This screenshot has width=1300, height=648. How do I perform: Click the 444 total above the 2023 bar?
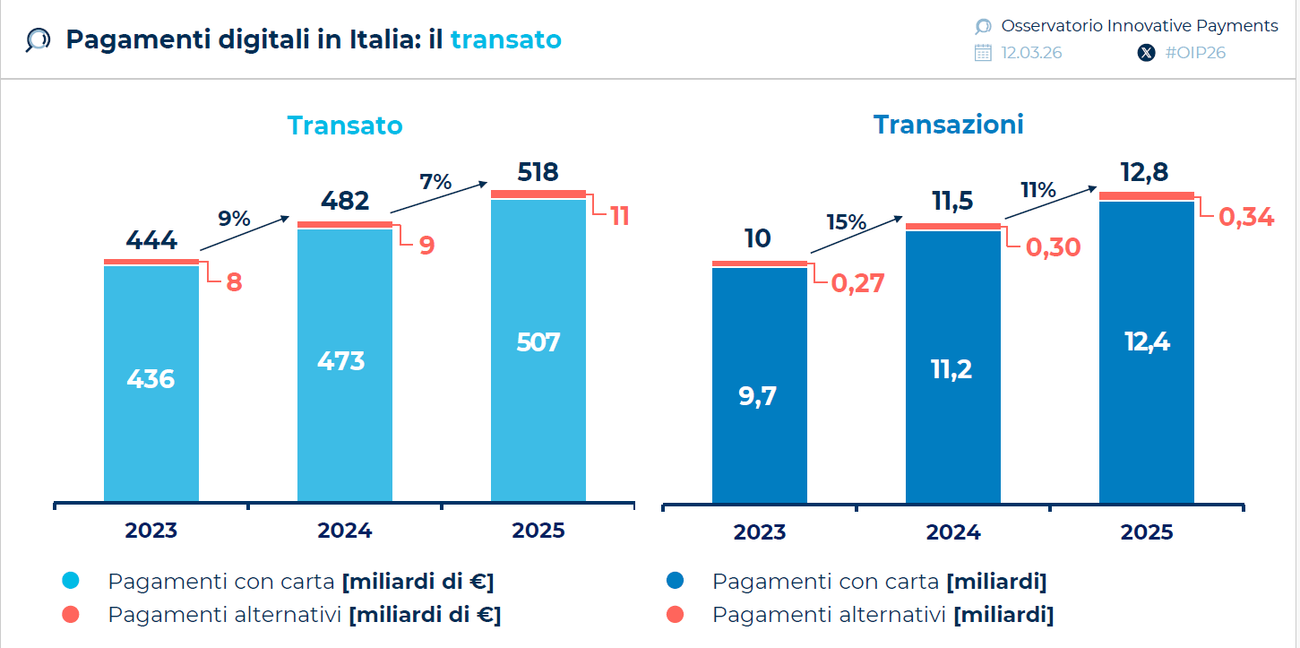click(x=151, y=240)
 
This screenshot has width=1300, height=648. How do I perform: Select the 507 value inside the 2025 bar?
click(x=538, y=342)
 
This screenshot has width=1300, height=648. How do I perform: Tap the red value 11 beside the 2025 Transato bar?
click(x=620, y=216)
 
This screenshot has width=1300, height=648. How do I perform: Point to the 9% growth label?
click(x=234, y=218)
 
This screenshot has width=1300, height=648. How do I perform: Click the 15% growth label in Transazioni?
click(x=847, y=221)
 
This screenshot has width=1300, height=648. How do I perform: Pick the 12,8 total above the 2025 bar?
click(x=1146, y=172)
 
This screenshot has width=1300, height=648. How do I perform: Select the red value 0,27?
click(x=857, y=283)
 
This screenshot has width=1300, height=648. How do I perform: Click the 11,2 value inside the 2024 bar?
click(x=952, y=368)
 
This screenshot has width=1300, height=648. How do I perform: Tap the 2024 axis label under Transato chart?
click(x=344, y=531)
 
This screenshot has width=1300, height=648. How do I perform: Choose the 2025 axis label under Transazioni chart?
click(x=1146, y=532)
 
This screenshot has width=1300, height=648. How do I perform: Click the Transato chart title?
click(x=345, y=125)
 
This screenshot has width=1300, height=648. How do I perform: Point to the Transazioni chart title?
click(x=948, y=125)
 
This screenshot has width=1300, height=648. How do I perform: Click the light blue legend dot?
click(x=71, y=581)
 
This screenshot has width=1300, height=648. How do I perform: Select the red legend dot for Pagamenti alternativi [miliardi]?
click(x=676, y=615)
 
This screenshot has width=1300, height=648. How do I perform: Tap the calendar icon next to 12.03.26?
click(x=983, y=53)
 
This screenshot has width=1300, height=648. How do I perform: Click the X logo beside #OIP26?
click(x=1146, y=53)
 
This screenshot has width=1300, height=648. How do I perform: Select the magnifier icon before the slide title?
click(x=38, y=40)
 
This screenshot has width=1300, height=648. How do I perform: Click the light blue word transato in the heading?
click(x=505, y=39)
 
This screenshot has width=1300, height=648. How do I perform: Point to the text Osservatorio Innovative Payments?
click(x=1139, y=26)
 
